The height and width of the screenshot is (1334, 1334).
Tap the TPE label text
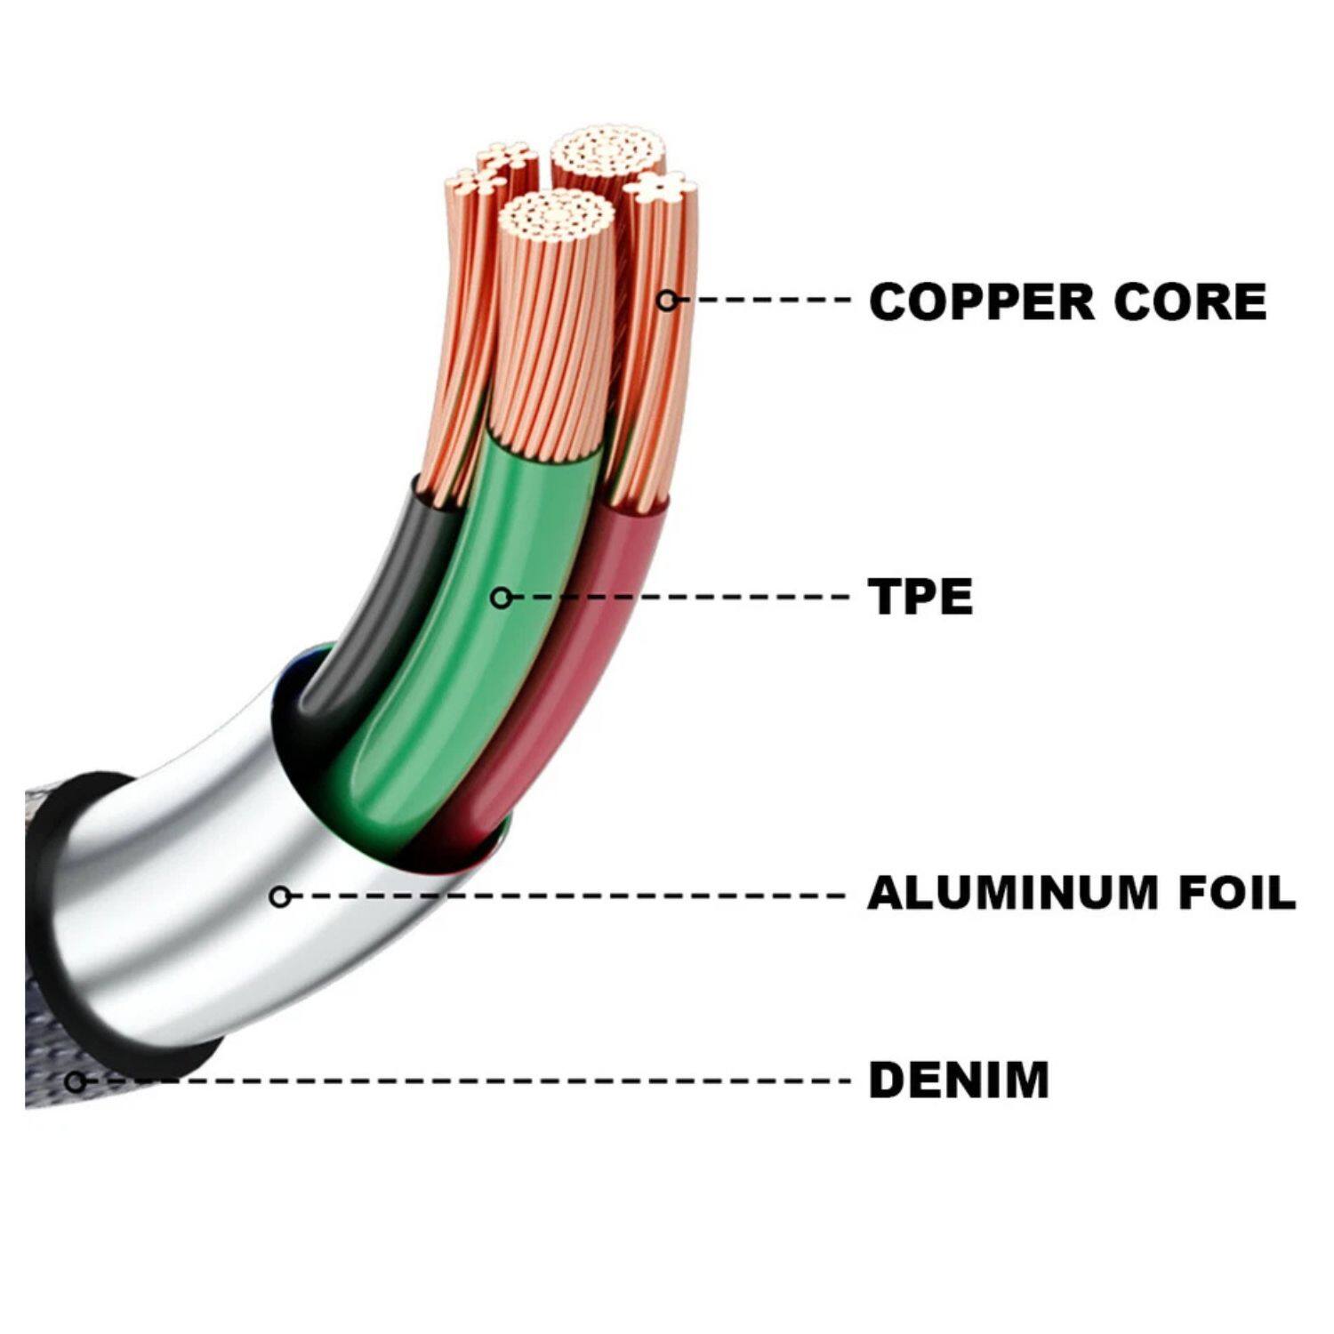(x=920, y=597)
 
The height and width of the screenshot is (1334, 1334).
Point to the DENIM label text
(x=959, y=1081)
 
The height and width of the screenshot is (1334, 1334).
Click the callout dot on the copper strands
(x=667, y=301)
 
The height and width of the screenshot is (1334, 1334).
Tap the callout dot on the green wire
(x=502, y=598)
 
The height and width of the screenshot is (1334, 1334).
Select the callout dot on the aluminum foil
(x=280, y=896)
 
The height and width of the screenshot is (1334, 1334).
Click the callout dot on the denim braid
(x=76, y=1081)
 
